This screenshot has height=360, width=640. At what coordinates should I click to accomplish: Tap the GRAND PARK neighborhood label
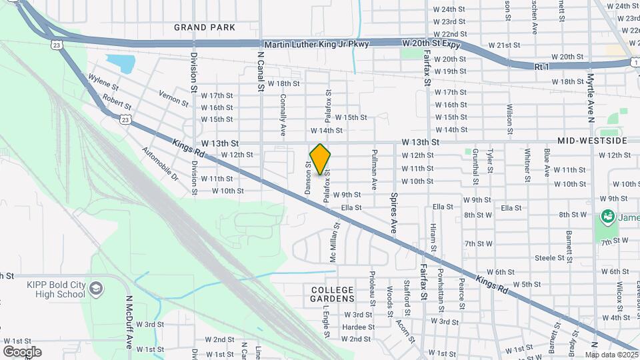[205, 27]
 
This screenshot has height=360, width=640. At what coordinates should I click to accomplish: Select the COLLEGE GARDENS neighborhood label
[333, 294]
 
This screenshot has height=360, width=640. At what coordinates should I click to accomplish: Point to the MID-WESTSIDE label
[593, 142]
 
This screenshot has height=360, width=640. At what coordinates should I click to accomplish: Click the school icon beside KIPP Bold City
[97, 289]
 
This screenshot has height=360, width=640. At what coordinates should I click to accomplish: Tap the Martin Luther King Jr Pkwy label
[316, 44]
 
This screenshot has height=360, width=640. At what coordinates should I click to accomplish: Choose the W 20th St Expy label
[432, 43]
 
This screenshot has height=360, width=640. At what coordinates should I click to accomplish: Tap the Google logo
[22, 351]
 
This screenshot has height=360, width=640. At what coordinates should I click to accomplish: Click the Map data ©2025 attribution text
[611, 355]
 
